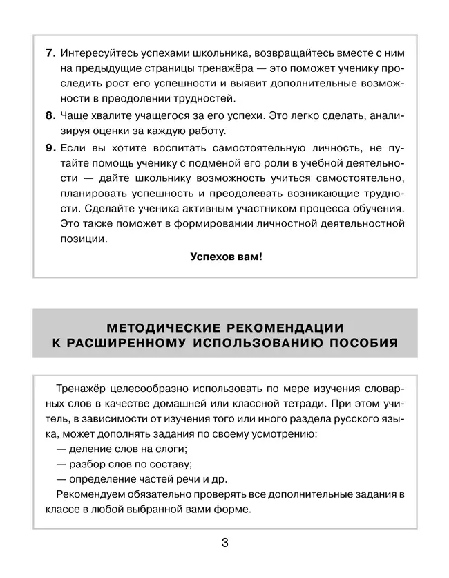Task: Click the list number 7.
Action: tap(50, 53)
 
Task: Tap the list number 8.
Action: tap(50, 115)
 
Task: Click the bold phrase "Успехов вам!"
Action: tap(226, 256)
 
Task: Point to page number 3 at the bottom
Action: tap(224, 543)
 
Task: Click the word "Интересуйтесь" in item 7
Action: tap(95, 53)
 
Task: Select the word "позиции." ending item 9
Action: tap(84, 239)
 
